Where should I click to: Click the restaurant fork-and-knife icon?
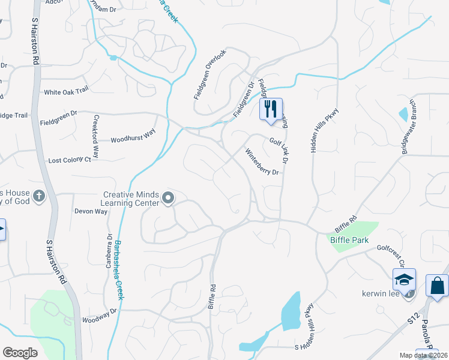pos(271,109)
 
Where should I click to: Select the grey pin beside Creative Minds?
pos(168,197)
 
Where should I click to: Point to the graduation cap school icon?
pos(404,279)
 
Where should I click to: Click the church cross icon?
pos(38,196)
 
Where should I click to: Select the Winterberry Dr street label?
pos(263,162)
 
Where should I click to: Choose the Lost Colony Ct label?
pos(70,160)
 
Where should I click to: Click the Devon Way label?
pos(91,211)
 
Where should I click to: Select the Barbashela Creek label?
pos(119,270)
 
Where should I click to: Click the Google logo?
pos(20,353)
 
